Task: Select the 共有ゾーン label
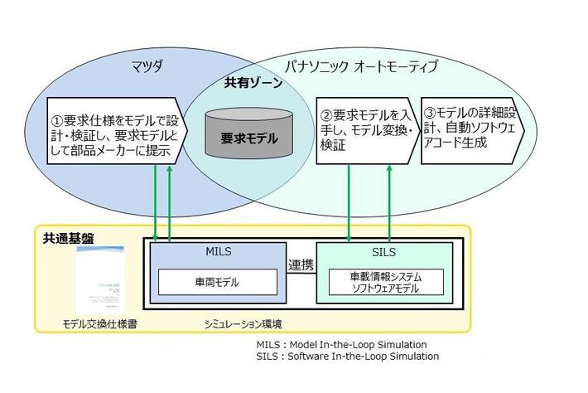click(x=253, y=84)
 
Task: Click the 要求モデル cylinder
click(x=249, y=138)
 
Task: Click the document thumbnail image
click(x=99, y=279)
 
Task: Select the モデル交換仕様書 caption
click(x=99, y=323)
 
